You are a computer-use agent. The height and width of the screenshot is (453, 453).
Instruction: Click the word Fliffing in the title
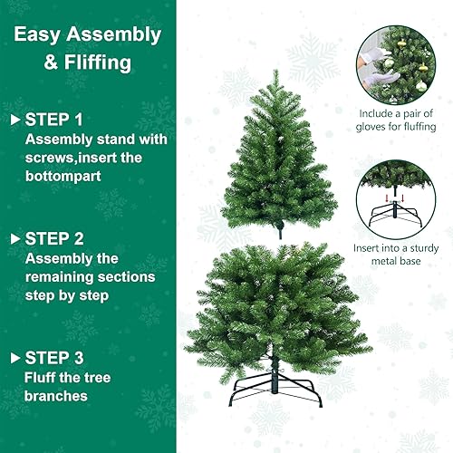pos(102,64)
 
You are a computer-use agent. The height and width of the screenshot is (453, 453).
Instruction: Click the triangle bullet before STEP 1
pos(14,119)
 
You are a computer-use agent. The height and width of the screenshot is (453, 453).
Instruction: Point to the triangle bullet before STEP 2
pos(14,238)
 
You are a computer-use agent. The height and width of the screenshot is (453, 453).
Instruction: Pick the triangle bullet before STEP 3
pos(14,359)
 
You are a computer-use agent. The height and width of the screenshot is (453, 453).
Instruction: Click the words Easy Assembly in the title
pos(88,36)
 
